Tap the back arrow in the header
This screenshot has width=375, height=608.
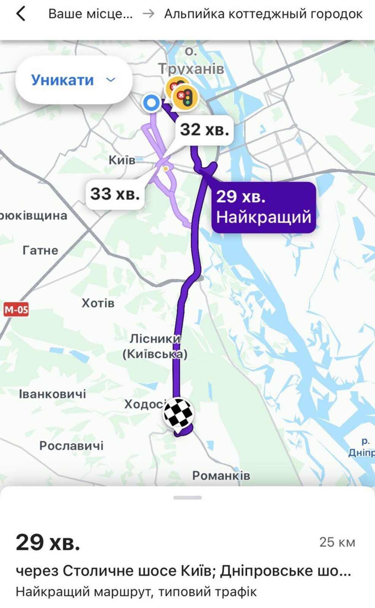[x=21, y=14]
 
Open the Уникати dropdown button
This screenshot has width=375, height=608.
[x=73, y=80]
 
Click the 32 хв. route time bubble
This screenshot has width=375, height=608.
[x=204, y=130]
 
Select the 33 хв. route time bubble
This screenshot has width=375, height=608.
[x=115, y=194]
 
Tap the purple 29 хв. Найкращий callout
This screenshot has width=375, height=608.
[x=264, y=207]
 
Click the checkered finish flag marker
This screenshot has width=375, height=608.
[x=178, y=413]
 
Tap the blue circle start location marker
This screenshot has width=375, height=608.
[x=151, y=103]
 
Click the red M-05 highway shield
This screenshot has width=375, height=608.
[x=16, y=310]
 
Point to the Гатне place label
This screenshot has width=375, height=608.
[x=40, y=250]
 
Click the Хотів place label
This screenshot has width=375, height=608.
[x=98, y=303]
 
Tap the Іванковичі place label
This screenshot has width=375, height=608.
[x=52, y=394]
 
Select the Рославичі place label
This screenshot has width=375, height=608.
[x=72, y=445]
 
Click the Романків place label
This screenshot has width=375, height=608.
[x=221, y=475]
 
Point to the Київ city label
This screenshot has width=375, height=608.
[x=122, y=160]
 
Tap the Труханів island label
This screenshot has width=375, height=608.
[x=191, y=68]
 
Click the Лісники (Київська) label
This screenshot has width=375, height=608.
[x=155, y=346]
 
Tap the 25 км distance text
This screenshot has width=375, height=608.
[x=337, y=542]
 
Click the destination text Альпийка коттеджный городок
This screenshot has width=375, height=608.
[x=263, y=14]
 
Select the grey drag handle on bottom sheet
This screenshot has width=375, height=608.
[x=187, y=497]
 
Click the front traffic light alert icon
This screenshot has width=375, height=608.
[x=185, y=97]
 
